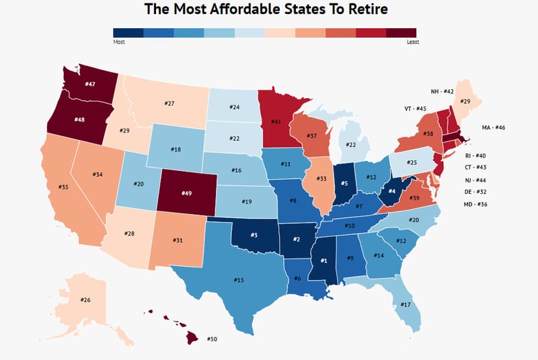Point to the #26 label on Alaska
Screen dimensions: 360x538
[x=85, y=299]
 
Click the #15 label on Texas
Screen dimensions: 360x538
[x=239, y=280]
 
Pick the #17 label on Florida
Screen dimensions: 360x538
[x=406, y=305]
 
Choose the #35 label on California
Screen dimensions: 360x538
[x=64, y=186]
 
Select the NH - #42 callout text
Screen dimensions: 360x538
[x=443, y=91]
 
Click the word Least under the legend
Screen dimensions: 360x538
[x=413, y=41]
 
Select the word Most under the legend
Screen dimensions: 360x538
[x=120, y=41]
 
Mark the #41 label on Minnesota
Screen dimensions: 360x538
[x=276, y=122]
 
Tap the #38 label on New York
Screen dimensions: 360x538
[x=409, y=135]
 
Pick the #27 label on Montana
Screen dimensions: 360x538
[x=169, y=104]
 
